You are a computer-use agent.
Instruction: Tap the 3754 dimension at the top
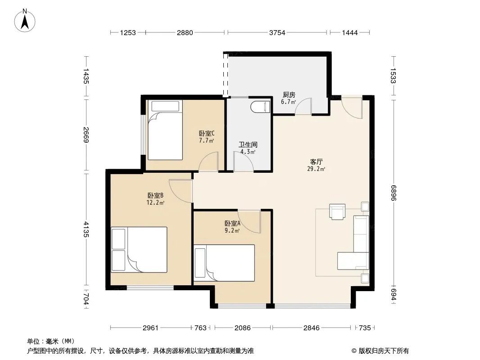[x=277, y=32]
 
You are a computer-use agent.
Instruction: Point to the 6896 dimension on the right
[x=394, y=193]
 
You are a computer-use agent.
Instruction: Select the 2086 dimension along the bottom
[x=242, y=328]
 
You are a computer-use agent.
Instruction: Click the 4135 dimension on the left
[x=86, y=229]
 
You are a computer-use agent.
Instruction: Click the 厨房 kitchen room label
[x=289, y=95]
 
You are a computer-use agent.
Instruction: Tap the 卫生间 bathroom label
[x=248, y=144]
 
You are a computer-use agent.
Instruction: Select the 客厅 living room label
[x=316, y=162]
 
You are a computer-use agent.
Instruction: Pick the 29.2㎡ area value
[x=316, y=169]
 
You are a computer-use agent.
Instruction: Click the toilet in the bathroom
[x=260, y=108]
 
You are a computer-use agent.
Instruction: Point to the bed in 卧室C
[x=165, y=130]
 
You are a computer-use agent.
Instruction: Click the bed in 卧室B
[x=139, y=250]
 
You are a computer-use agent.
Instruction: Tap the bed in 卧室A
[x=224, y=263]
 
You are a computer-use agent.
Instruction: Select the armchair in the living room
[x=337, y=211]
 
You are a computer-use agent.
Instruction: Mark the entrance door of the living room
[x=352, y=108]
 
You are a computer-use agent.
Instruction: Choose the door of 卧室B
[x=181, y=191]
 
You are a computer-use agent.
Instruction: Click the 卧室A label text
[x=232, y=224]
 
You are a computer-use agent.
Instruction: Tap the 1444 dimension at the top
[x=349, y=32]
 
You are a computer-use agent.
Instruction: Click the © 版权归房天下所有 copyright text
[x=380, y=351]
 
